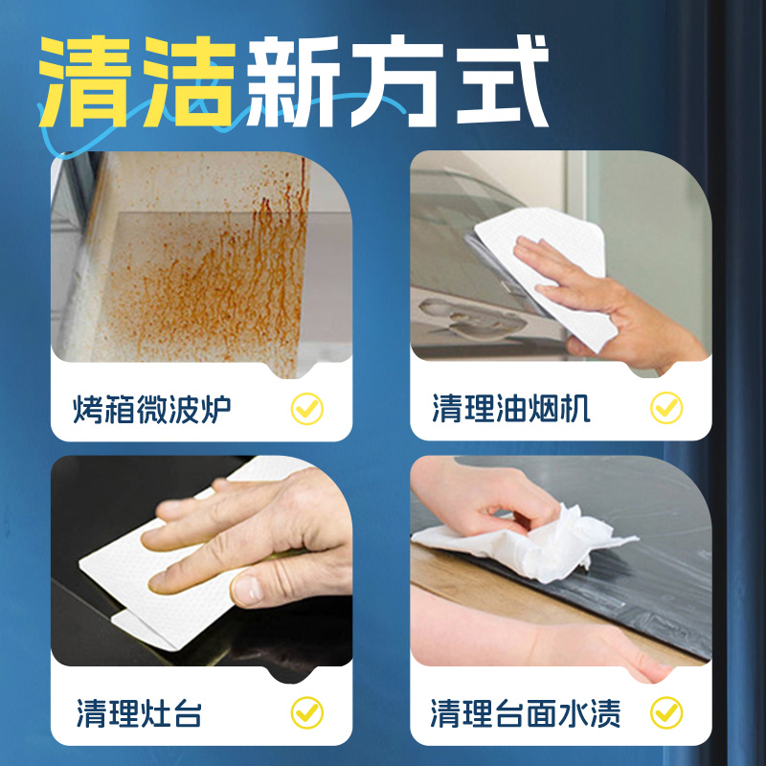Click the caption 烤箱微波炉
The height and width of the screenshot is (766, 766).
152,410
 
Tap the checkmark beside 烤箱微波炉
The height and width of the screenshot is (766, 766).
307,410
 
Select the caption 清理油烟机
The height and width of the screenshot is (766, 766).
510,410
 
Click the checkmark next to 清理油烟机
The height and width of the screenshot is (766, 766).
666,410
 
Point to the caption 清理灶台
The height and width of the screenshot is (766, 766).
139,713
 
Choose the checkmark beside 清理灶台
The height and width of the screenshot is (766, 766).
307,712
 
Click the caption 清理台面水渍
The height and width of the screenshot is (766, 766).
526,713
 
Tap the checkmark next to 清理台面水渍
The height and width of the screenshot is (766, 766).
666,712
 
